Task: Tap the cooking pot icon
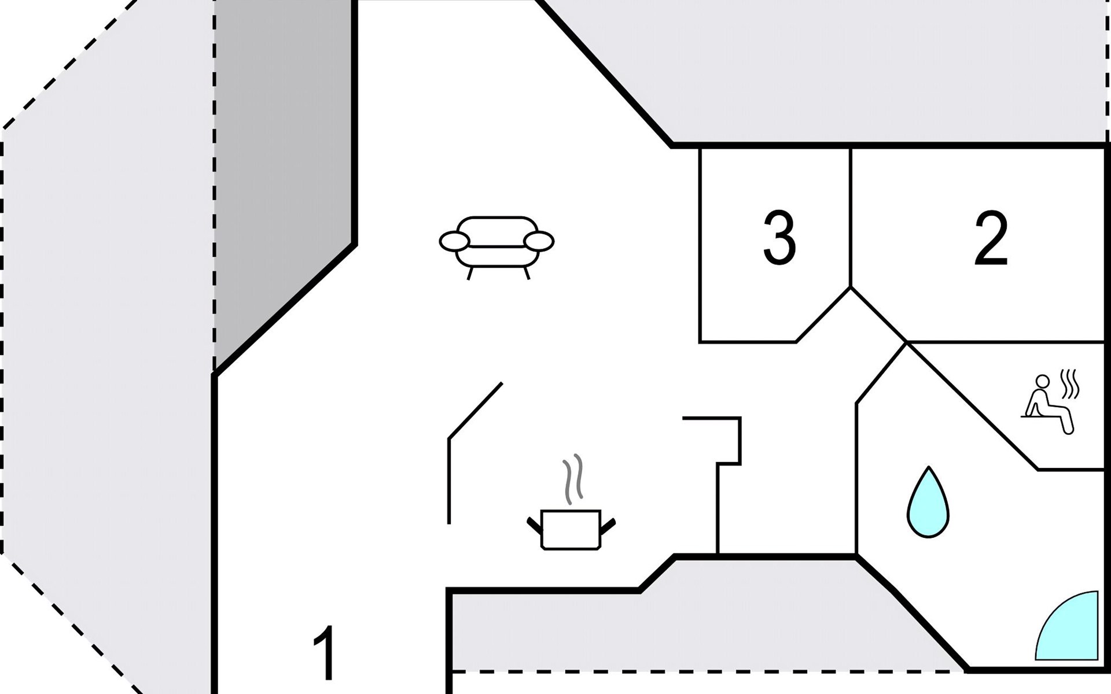point(571,529)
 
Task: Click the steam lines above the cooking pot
point(573,479)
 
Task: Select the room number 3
point(779,238)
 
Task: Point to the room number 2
point(991,238)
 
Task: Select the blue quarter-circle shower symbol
point(1066,625)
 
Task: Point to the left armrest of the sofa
point(454,241)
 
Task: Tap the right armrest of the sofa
point(539,241)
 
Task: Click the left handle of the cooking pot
point(534,525)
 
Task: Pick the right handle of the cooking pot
point(608,525)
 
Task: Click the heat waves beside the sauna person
point(1070,384)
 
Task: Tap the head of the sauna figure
point(1042,381)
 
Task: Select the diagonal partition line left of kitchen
point(475,410)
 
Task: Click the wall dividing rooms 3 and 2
point(851,217)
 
